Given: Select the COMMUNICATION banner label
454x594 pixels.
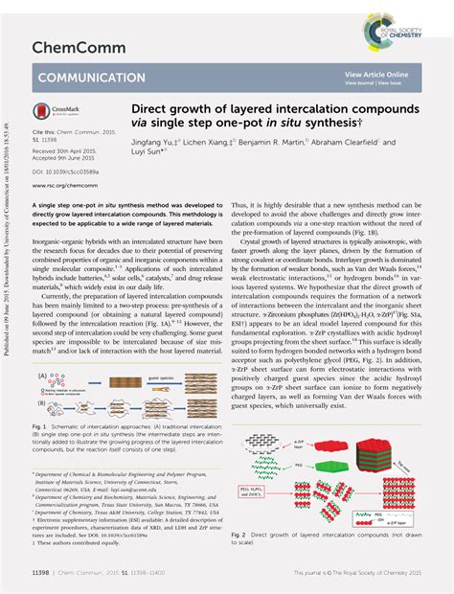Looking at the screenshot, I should click(91, 78).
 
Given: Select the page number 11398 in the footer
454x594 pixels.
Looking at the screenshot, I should click(43, 574).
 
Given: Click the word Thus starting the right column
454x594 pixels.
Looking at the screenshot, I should click(241, 205).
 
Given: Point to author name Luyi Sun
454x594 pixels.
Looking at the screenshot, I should click(147, 151).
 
